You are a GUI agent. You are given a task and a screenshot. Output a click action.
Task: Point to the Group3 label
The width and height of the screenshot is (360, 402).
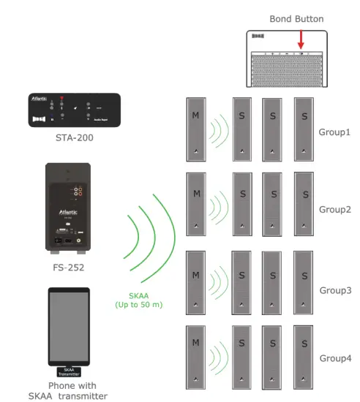(334, 289)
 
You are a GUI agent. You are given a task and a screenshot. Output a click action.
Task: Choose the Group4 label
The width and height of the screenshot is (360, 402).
(334, 359)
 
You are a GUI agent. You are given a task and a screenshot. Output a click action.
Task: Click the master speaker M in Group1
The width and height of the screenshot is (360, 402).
(196, 129)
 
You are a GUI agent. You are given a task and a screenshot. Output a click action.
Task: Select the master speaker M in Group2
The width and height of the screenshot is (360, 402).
(196, 204)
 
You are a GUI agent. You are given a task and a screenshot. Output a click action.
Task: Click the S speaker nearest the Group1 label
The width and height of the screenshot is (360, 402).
(303, 129)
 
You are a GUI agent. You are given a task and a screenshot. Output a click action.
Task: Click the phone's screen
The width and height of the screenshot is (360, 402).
(68, 325)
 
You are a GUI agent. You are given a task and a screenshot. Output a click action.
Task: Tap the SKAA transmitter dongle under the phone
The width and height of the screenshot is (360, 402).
(68, 371)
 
